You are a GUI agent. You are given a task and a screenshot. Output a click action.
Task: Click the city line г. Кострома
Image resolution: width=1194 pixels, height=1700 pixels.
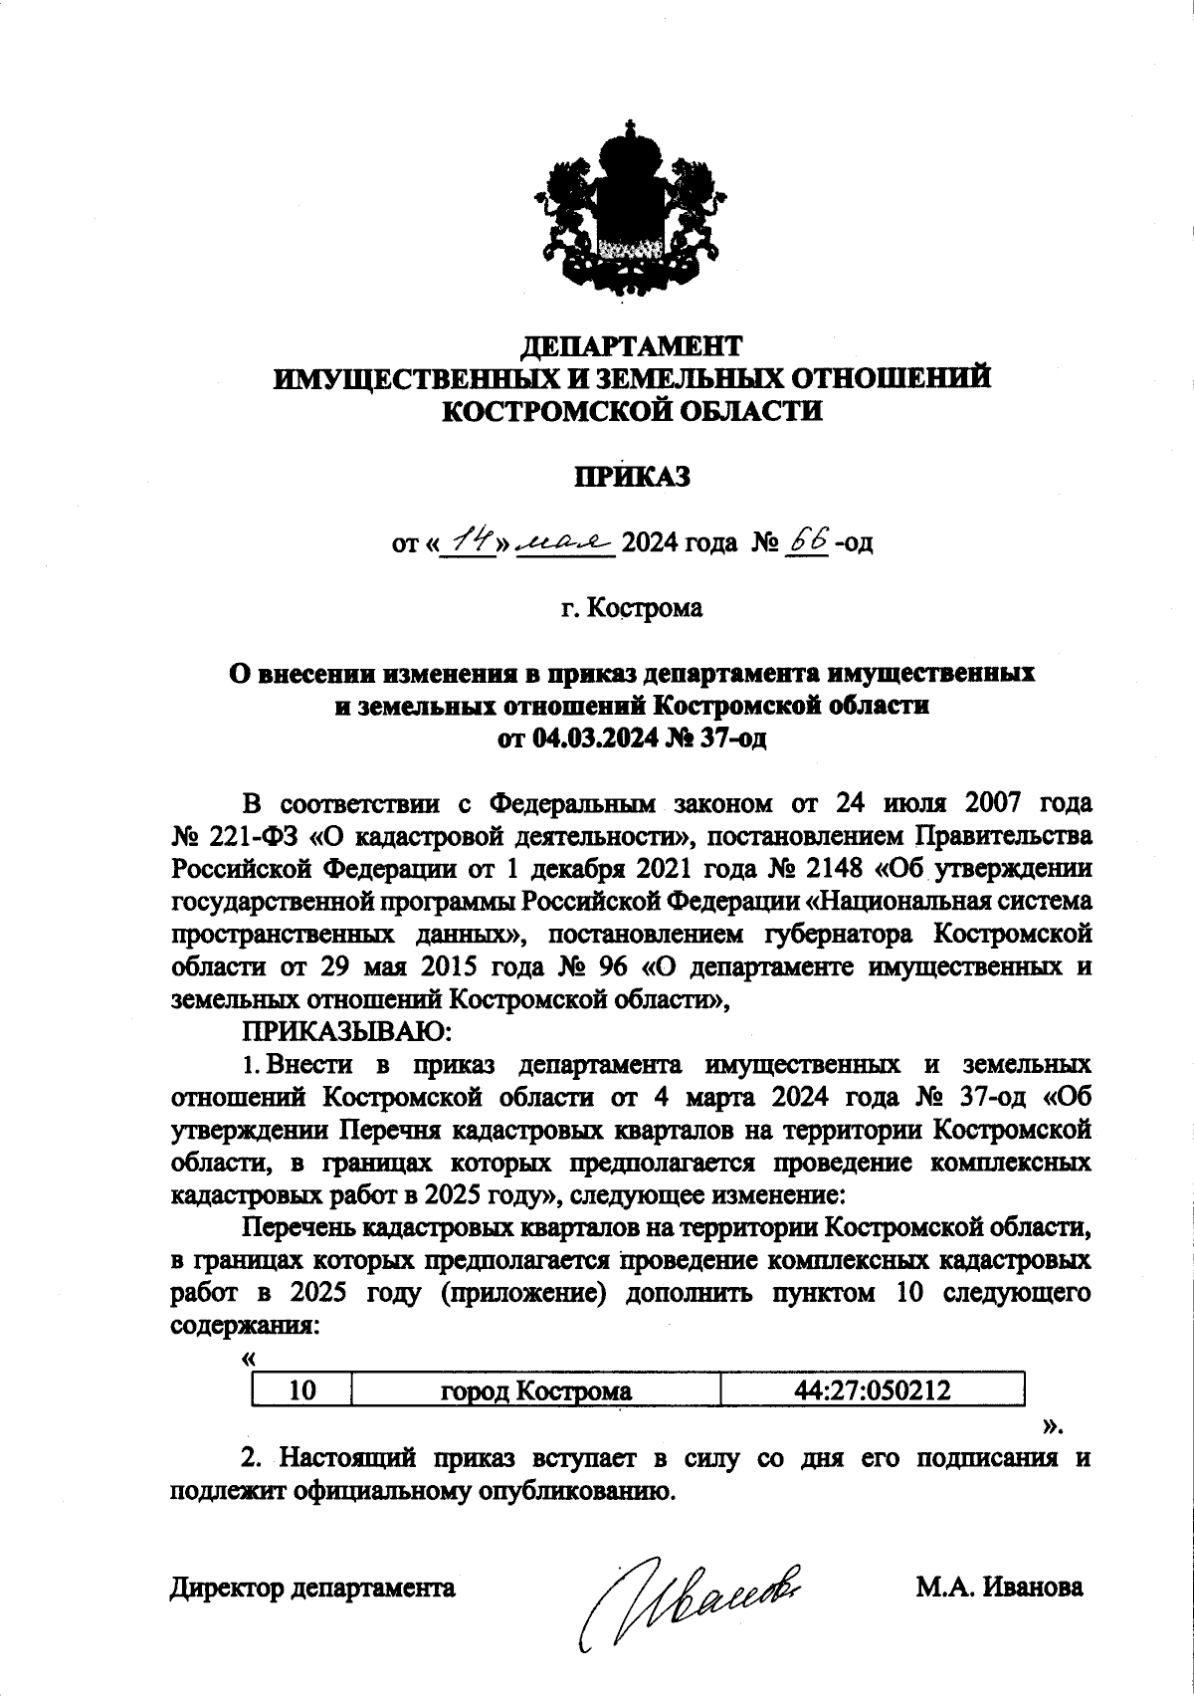coord(631,607)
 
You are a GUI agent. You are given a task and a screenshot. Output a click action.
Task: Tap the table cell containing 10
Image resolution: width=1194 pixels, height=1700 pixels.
coord(301,1390)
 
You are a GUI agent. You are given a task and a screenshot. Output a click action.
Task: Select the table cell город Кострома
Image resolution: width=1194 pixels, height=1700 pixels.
coord(535,1390)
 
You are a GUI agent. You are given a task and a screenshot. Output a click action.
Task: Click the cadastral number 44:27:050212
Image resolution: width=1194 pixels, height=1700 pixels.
coord(872,1390)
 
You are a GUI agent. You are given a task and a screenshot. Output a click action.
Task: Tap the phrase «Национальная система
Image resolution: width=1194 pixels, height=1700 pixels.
coord(948,901)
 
